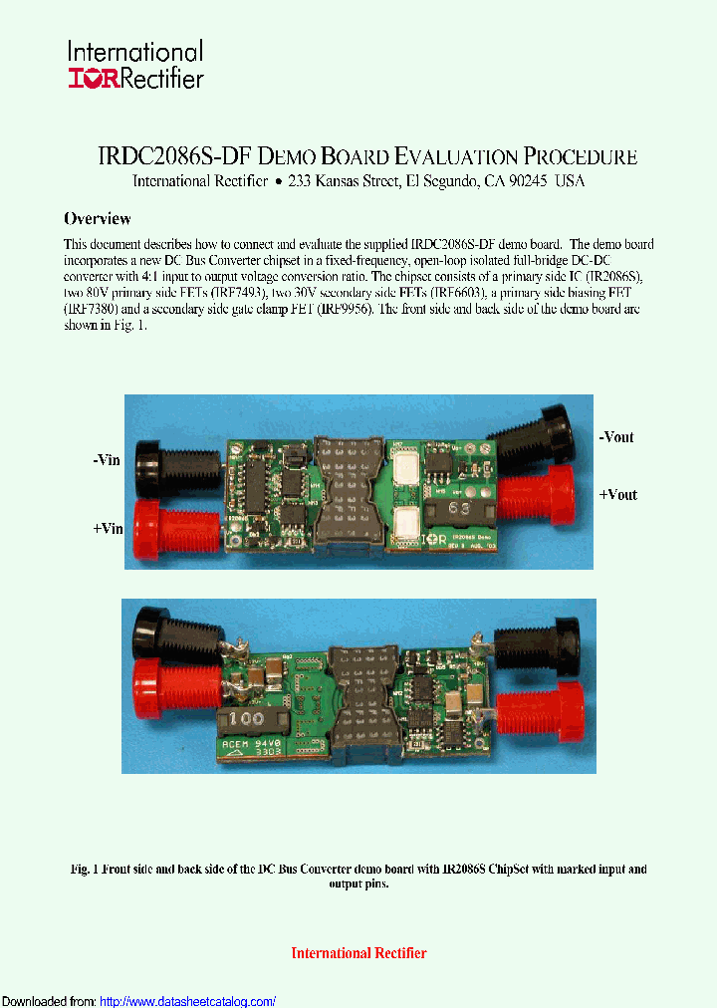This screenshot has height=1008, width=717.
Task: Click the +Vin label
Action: [x=107, y=528]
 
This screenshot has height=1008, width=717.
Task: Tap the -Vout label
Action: [x=615, y=437]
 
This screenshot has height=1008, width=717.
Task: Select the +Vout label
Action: [x=617, y=495]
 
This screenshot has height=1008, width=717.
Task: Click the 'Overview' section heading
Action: [x=97, y=218]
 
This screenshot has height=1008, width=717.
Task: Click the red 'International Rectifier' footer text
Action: [x=358, y=953]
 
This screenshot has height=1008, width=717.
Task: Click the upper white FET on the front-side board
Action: [x=406, y=470]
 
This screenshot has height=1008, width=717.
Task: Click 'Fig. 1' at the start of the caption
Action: [x=87, y=870]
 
